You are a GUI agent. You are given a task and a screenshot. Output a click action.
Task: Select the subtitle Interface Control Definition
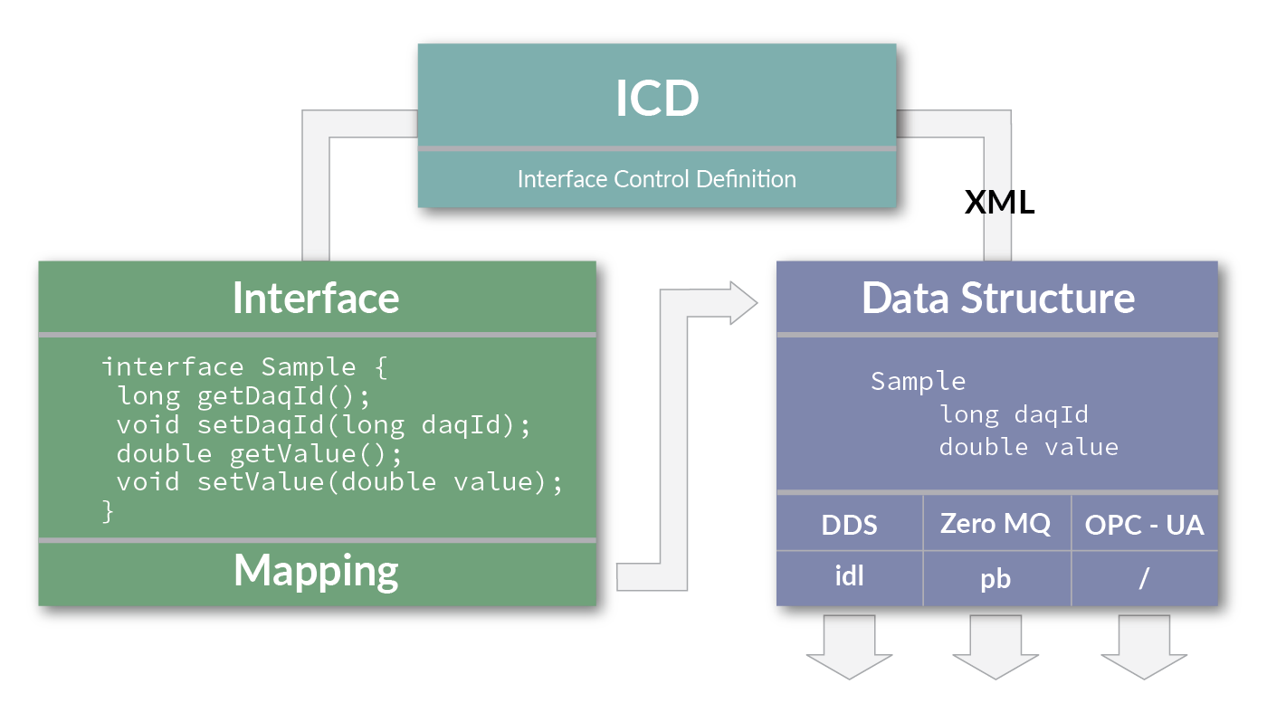[656, 179]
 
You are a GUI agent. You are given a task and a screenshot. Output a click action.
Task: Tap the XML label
[999, 203]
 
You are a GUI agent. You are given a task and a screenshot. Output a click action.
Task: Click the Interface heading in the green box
[316, 298]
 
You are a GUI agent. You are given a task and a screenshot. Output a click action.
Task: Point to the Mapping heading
[316, 570]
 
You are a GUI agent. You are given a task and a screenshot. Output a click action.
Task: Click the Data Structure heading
[997, 298]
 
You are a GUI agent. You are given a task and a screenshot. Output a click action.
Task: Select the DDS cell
[849, 525]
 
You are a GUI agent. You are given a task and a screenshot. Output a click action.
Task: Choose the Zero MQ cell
[995, 524]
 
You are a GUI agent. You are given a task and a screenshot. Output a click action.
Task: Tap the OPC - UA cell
[1144, 525]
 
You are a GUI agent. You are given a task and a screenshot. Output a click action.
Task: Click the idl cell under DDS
[849, 577]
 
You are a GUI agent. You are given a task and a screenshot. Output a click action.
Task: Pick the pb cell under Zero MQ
[995, 579]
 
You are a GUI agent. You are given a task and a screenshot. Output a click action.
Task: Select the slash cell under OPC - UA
[1144, 578]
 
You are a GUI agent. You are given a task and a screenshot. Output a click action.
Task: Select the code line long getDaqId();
[244, 396]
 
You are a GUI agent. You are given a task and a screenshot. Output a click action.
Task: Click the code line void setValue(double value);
[339, 481]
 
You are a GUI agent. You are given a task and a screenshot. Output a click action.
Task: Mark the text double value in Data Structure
[1028, 447]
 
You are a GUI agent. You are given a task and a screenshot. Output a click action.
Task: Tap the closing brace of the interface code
[109, 510]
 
